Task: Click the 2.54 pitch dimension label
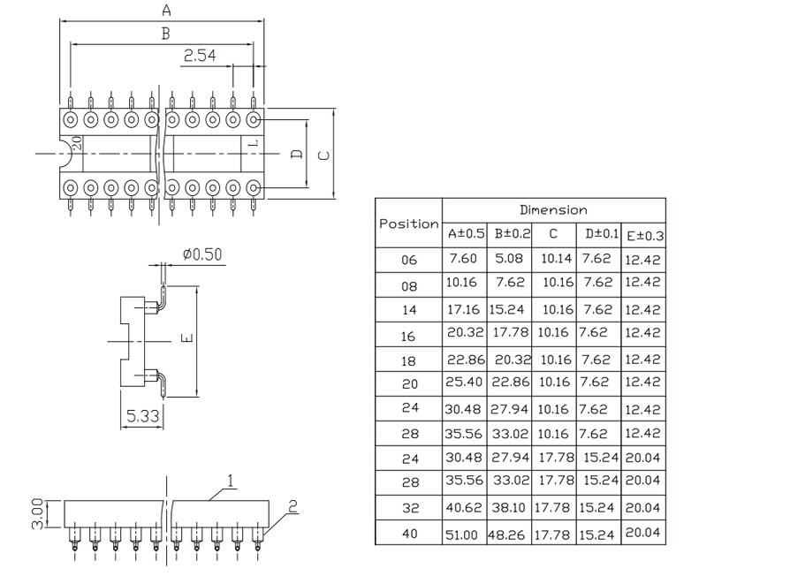coord(200,55)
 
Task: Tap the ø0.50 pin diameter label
coord(202,254)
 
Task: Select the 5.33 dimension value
coord(142,416)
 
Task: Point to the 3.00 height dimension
coord(37,513)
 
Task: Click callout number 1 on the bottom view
coord(231,481)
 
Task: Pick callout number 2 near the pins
coord(292,506)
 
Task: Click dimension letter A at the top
coord(166,10)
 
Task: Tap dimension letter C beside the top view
coord(324,155)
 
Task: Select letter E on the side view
coord(187,337)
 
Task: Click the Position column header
coord(408,224)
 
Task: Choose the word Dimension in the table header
coord(553,209)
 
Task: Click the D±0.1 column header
coord(602,233)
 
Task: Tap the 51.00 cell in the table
coord(461,534)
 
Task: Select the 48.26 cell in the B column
coord(506,534)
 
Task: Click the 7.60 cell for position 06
coord(462,258)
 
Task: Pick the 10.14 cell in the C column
coord(556,258)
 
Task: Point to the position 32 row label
coord(411,508)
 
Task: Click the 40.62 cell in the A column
coord(463,507)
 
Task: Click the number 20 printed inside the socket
coord(77,143)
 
